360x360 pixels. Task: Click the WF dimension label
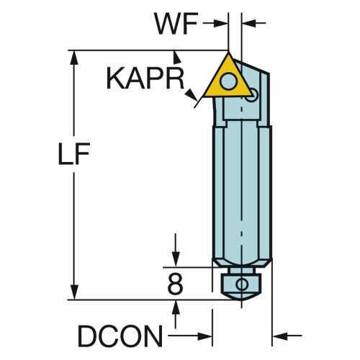[176, 24]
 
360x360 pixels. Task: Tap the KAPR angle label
[145, 78]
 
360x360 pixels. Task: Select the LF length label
[74, 153]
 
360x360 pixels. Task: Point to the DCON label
[120, 336]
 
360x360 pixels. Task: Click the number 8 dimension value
[175, 284]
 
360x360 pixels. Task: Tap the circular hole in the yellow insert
[228, 81]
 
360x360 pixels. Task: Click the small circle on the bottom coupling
[242, 284]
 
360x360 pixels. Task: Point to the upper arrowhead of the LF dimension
[74, 58]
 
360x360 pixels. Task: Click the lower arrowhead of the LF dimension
[74, 292]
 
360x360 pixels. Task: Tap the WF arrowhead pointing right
[220, 23]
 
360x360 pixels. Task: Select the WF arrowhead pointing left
[249, 23]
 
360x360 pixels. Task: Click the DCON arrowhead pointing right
[204, 336]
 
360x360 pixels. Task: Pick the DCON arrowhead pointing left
[280, 336]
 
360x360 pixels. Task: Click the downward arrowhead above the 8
[176, 259]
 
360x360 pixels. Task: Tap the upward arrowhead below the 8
[176, 307]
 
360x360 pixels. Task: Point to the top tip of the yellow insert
[228, 52]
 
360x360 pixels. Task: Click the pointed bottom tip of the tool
[242, 300]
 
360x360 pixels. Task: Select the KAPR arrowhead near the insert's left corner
[192, 95]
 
